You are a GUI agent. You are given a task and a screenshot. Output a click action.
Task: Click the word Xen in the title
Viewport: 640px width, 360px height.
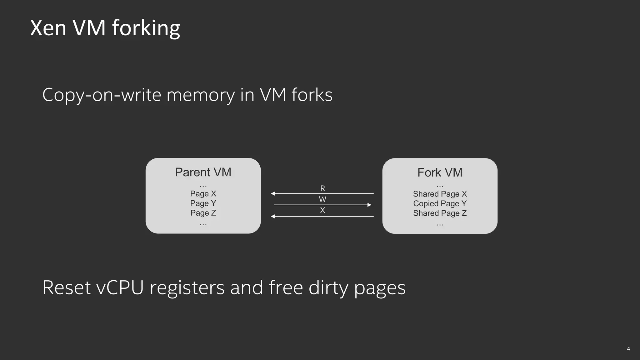tap(48, 28)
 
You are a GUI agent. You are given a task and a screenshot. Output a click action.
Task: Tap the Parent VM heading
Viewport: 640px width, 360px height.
tap(203, 172)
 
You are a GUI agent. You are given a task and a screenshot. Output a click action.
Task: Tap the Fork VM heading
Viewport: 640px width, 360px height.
tap(440, 172)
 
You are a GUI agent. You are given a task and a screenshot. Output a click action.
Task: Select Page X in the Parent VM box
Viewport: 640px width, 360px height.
tap(203, 194)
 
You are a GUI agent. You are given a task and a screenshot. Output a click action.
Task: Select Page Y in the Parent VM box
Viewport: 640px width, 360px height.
tap(203, 203)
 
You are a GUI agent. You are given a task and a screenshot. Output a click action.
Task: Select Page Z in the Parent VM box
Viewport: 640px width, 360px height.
tap(203, 213)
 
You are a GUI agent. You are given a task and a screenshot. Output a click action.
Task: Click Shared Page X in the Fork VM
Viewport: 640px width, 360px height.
tap(440, 194)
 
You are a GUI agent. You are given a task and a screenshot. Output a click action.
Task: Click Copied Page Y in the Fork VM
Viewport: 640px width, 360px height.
tap(440, 204)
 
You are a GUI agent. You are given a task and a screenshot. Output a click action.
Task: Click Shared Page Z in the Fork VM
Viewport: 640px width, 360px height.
tap(440, 213)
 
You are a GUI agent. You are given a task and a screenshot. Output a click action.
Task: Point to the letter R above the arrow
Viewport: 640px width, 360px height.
tap(322, 188)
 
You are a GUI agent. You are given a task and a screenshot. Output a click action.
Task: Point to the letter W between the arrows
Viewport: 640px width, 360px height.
tap(322, 199)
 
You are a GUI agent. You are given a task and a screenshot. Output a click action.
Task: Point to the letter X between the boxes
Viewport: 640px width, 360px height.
tap(322, 210)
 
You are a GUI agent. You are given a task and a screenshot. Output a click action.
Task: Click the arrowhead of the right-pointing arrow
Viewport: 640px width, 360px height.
tap(369, 205)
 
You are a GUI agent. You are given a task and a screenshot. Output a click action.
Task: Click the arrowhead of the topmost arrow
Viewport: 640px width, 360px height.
tap(273, 194)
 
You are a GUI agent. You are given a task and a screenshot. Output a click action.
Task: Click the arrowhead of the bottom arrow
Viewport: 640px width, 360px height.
tap(273, 216)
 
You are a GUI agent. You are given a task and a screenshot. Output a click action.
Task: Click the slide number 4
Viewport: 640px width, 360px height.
tap(628, 349)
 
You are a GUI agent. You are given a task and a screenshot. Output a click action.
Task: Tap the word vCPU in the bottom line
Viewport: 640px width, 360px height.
tap(120, 287)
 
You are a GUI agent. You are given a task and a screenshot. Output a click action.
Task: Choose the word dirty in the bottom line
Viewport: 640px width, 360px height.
tap(328, 287)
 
